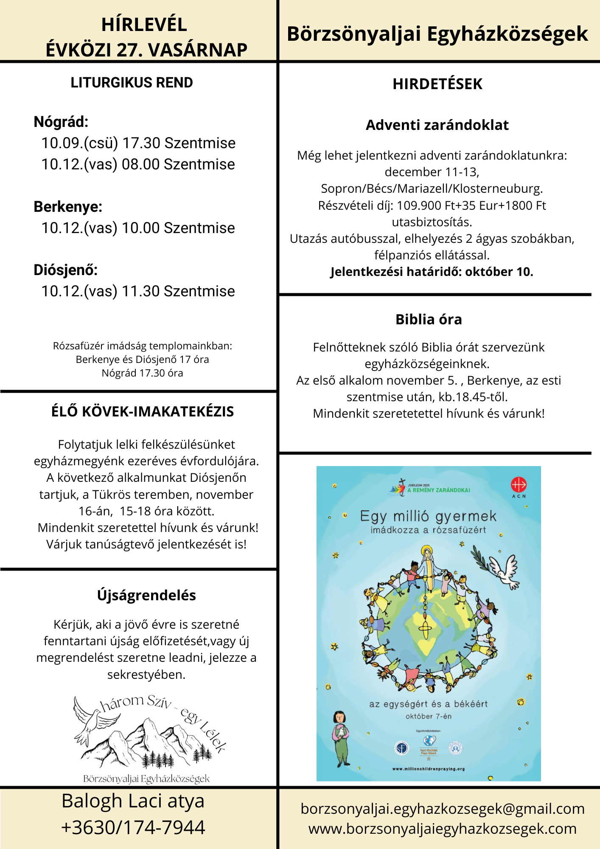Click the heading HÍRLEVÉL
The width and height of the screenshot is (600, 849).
pyautogui.click(x=144, y=25)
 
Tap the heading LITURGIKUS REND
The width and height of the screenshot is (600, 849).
pyautogui.click(x=132, y=82)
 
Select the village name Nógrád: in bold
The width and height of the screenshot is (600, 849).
pyautogui.click(x=61, y=122)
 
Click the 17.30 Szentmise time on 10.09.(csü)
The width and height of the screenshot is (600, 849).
pyautogui.click(x=179, y=143)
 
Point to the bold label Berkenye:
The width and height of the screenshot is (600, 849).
pyautogui.click(x=68, y=207)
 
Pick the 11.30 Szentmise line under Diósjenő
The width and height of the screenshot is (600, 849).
pyautogui.click(x=178, y=291)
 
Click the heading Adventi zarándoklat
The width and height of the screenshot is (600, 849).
pyautogui.click(x=437, y=125)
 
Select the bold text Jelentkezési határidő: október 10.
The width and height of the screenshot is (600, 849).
pyautogui.click(x=432, y=272)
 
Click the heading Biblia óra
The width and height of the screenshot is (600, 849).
pyautogui.click(x=429, y=319)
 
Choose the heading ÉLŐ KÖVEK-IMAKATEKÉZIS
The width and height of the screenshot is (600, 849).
pyautogui.click(x=143, y=411)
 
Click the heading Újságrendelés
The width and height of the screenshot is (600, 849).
pyautogui.click(x=146, y=595)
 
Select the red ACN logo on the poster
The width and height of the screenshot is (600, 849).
pyautogui.click(x=519, y=485)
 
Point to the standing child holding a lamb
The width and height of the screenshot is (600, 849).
pyautogui.click(x=340, y=739)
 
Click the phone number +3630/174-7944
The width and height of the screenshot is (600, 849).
pyautogui.click(x=133, y=828)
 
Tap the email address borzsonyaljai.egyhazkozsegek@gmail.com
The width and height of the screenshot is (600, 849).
pyautogui.click(x=443, y=809)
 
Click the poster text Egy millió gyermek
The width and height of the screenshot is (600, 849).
pyautogui.click(x=428, y=516)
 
